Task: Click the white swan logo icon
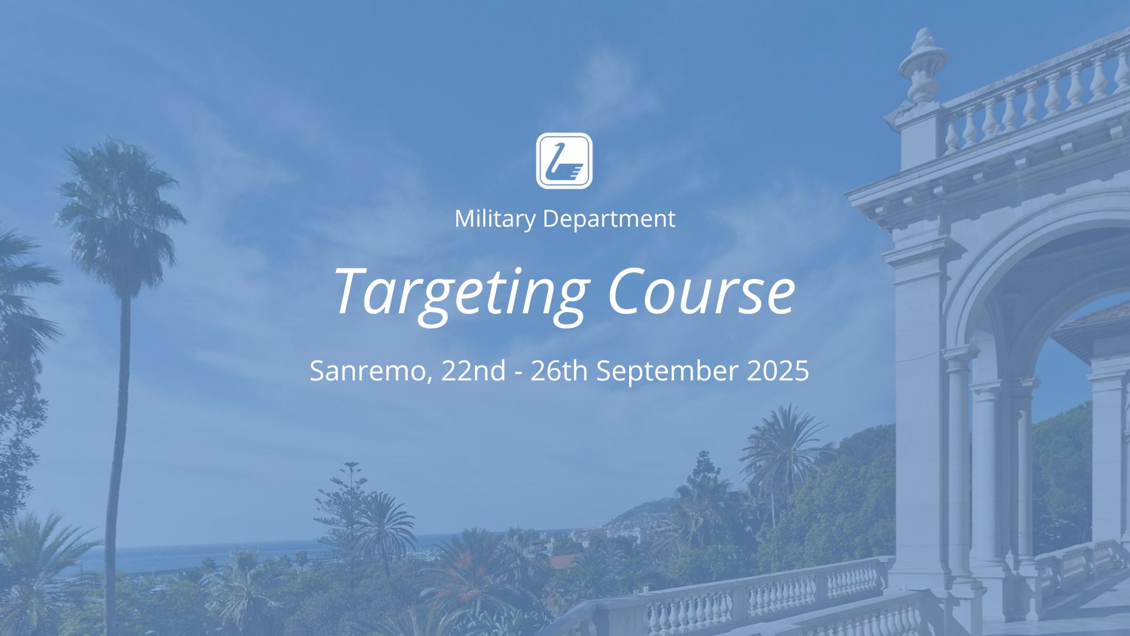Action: coord(564,161)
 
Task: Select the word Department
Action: coord(609,220)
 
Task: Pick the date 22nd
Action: coord(473,370)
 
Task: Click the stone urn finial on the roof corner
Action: coord(922,68)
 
